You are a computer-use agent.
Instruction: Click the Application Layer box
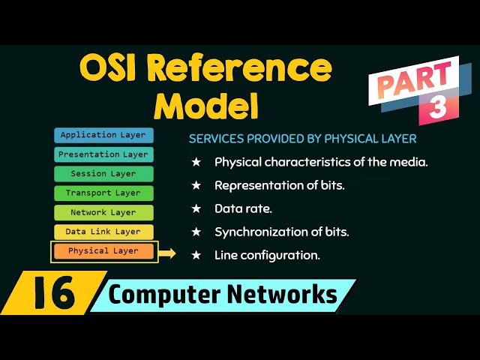103,136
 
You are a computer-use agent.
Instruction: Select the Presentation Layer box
103,154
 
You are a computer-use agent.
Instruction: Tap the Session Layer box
103,174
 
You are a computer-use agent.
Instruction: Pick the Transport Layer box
103,193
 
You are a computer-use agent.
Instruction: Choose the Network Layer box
103,213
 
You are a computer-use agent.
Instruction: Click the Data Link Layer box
103,232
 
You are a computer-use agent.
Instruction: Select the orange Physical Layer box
103,251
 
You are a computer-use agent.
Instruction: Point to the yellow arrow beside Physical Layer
167,253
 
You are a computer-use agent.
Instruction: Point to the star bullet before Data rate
196,208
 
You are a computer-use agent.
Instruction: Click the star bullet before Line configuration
196,255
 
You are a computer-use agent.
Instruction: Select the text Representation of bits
279,185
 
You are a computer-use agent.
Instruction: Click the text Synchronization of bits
281,232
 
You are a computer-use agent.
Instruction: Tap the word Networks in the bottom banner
286,295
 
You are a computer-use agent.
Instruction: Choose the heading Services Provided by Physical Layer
302,139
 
